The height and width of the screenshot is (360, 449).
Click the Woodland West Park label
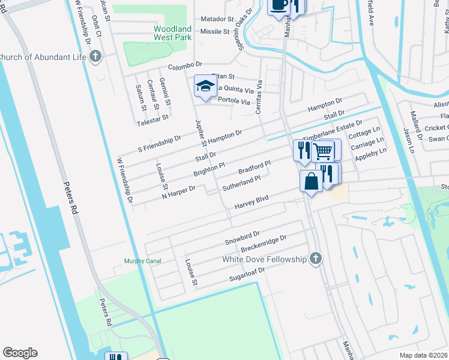tap(172, 34)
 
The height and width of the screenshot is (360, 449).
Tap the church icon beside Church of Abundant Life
tap(95, 57)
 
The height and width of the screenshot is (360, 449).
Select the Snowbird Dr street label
tap(242, 237)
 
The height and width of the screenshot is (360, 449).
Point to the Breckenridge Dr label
tap(264, 244)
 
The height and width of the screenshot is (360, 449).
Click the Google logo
tap(20, 353)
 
